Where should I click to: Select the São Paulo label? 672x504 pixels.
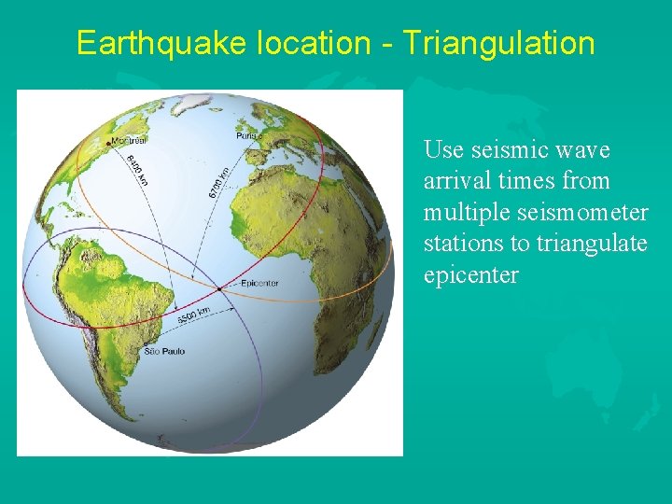pyautogui.click(x=164, y=352)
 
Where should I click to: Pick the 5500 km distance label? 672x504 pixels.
pyautogui.click(x=193, y=315)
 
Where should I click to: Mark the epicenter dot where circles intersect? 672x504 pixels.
pyautogui.click(x=220, y=287)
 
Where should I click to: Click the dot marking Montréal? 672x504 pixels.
pyautogui.click(x=107, y=143)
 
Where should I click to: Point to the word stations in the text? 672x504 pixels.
pyautogui.click(x=458, y=245)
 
